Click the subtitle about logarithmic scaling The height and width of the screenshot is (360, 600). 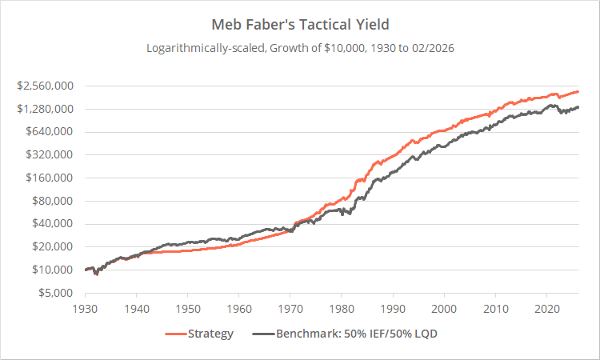pyautogui.click(x=300, y=48)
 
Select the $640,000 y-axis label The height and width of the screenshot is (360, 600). pyautogui.click(x=50, y=132)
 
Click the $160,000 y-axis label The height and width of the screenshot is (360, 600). pyautogui.click(x=50, y=178)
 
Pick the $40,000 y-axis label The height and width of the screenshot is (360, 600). pyautogui.click(x=54, y=224)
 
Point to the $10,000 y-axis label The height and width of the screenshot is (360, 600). pyautogui.click(x=54, y=270)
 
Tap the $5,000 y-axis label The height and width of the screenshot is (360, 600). pyautogui.click(x=57, y=293)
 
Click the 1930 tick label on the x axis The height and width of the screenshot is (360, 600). pyautogui.click(x=85, y=308)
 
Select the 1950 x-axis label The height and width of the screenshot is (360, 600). pyautogui.click(x=187, y=308)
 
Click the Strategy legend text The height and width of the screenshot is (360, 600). pyautogui.click(x=211, y=334)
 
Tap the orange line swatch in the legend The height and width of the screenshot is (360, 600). pyautogui.click(x=176, y=334)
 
